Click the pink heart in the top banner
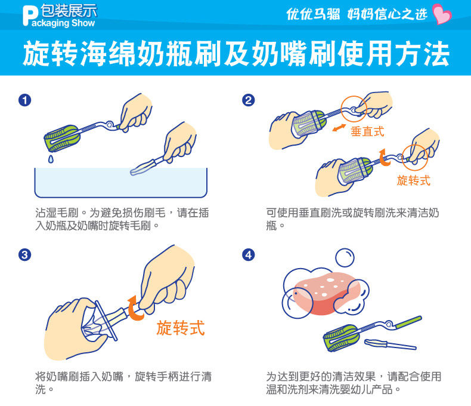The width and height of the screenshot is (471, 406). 442,14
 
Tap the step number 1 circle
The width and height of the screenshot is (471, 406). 24,100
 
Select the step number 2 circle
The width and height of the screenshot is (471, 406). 249,100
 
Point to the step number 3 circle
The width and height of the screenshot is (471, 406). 24,255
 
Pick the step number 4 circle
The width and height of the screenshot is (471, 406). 249,255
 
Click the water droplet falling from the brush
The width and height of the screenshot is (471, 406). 51,159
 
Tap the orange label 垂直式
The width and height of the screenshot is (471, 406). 367,131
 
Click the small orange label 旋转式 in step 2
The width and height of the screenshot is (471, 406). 414,180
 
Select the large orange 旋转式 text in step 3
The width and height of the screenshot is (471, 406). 181,328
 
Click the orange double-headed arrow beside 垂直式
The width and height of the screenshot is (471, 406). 339,128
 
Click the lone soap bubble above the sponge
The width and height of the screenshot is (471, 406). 345,257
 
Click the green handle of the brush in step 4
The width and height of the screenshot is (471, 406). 408,322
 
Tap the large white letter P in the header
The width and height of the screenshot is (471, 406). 30,16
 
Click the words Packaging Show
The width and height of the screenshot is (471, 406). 63,23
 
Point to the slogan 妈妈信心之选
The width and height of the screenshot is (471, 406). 387,14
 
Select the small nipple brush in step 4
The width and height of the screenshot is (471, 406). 390,344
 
